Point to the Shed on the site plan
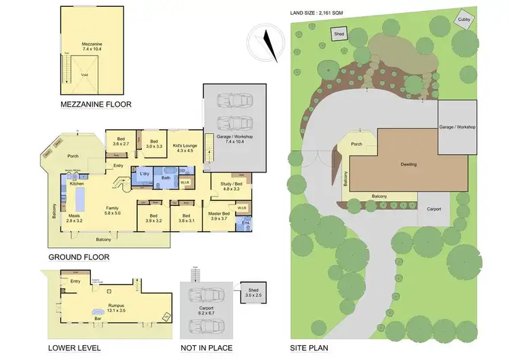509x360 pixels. click(x=339, y=33)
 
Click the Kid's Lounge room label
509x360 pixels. click(x=185, y=147)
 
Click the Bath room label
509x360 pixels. click(x=166, y=178)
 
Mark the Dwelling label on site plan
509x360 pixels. click(x=408, y=164)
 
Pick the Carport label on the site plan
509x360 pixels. click(x=434, y=209)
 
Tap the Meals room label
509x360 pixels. click(x=75, y=218)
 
